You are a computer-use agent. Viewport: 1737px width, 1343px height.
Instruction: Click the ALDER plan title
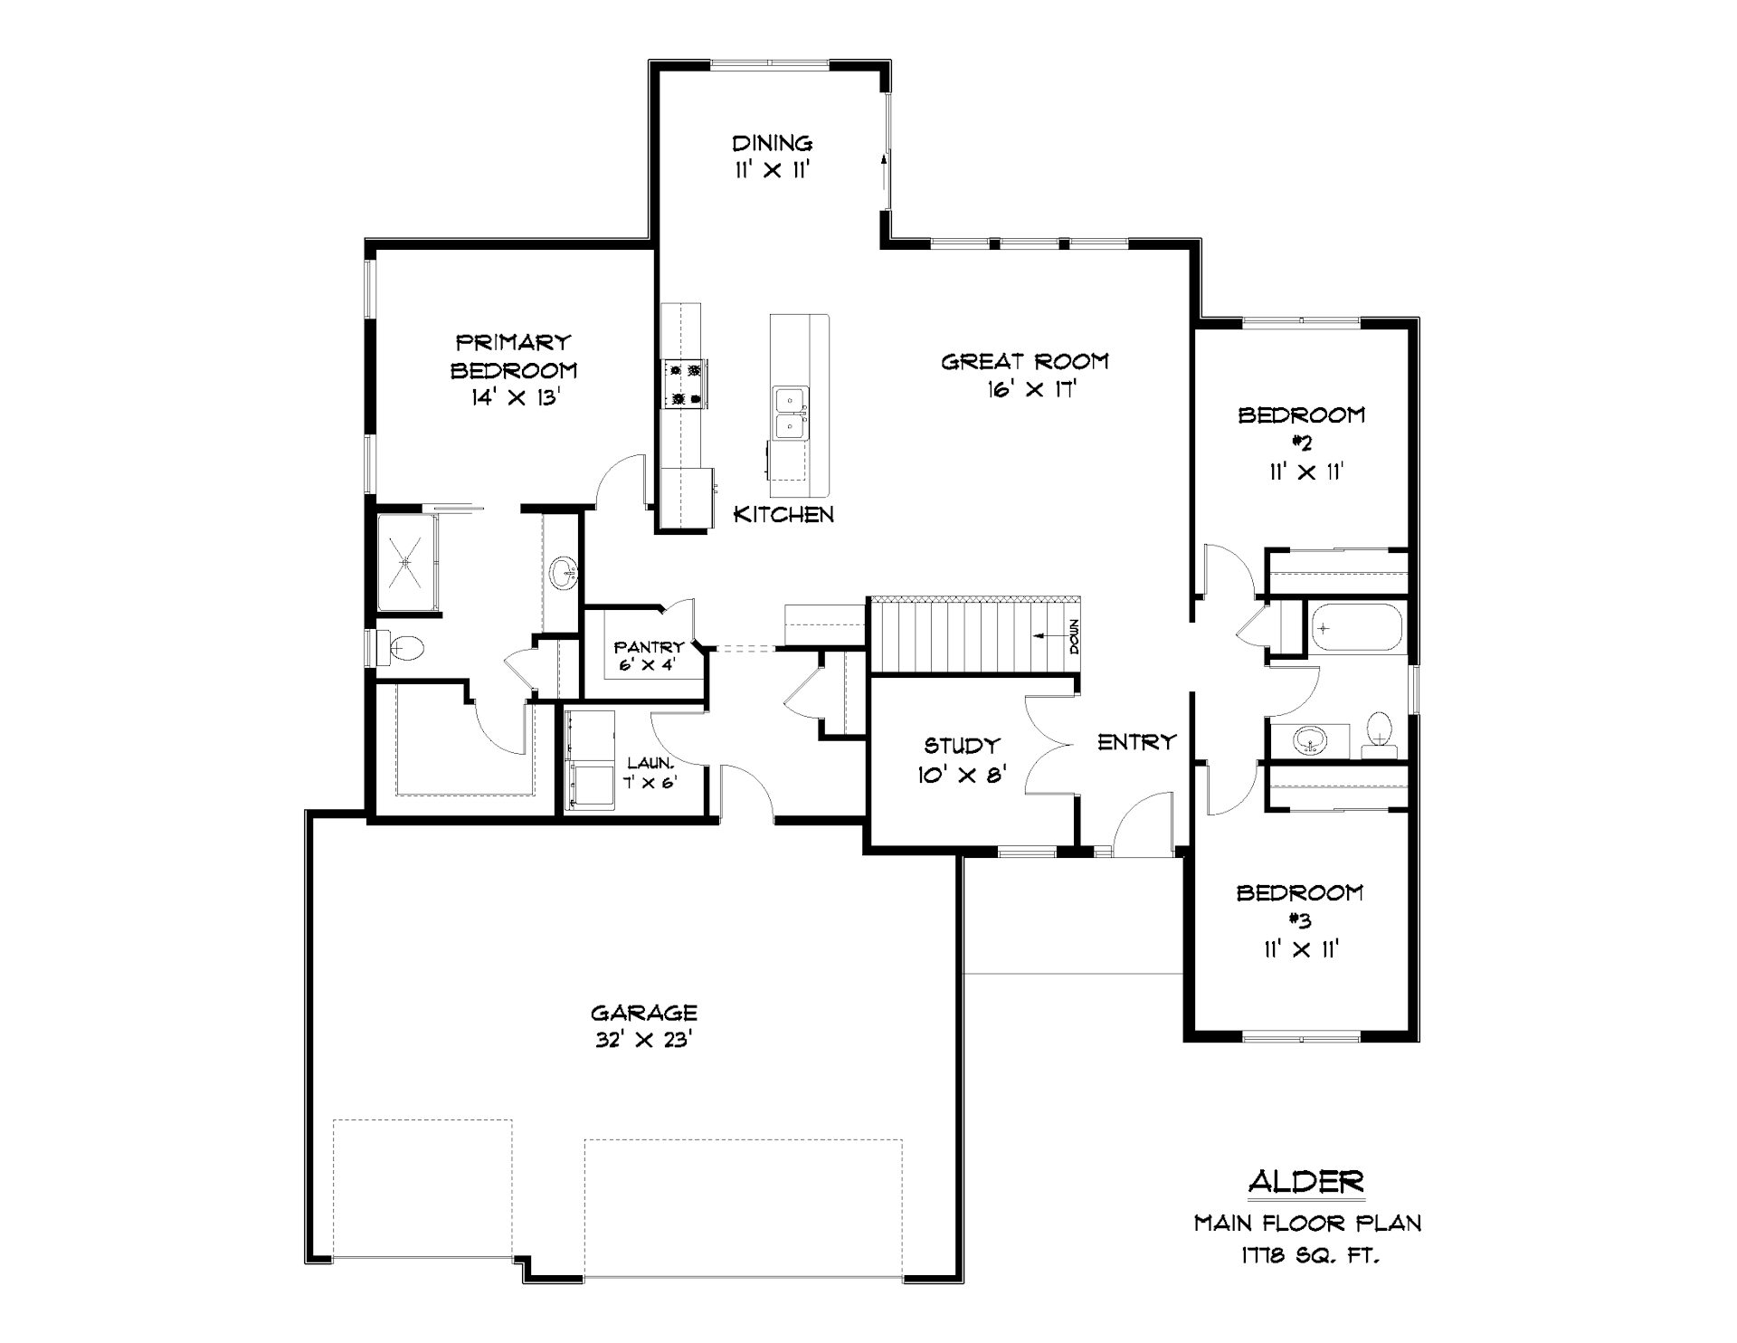click(1305, 1181)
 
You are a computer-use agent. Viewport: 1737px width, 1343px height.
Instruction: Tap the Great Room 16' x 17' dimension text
click(1030, 390)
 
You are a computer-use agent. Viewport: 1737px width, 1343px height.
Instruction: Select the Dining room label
click(772, 143)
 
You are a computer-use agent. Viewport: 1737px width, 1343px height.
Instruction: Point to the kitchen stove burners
click(685, 383)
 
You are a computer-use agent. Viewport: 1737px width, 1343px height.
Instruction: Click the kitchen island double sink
click(791, 412)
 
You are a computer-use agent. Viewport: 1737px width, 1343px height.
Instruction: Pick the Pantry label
click(649, 647)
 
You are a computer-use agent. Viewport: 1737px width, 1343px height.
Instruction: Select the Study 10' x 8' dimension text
click(961, 775)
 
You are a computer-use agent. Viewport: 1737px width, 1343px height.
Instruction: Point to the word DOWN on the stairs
click(1074, 636)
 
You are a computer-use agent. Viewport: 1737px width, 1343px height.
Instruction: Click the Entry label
click(1136, 742)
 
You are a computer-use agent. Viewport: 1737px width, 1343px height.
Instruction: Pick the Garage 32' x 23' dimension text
click(643, 1041)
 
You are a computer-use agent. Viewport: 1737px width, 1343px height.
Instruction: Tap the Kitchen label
click(783, 514)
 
